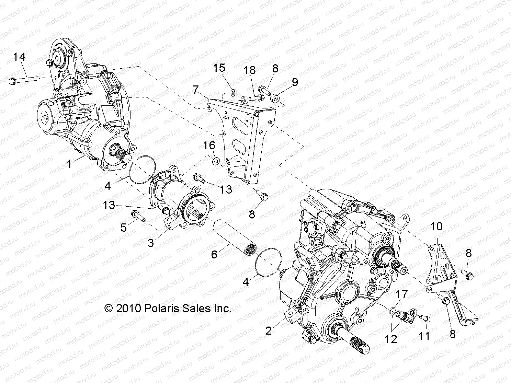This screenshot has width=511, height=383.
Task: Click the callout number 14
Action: click(20, 57)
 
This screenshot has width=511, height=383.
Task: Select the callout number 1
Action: click(69, 164)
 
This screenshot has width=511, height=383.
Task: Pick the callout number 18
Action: click(250, 70)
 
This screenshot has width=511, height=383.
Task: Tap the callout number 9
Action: click(295, 82)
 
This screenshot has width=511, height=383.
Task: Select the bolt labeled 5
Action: click(138, 216)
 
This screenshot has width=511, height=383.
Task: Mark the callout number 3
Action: click(151, 243)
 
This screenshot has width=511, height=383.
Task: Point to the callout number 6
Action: click(214, 254)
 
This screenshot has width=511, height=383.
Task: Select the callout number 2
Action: click(269, 330)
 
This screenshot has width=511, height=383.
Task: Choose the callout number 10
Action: click(436, 227)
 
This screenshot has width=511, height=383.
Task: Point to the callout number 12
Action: click(391, 339)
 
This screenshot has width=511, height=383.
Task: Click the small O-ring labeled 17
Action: click(392, 311)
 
